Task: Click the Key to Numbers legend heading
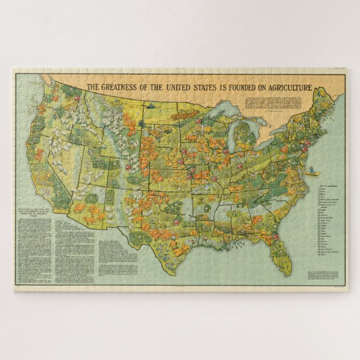pyautogui.click(x=325, y=183)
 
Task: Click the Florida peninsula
pyautogui.click(x=278, y=252)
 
